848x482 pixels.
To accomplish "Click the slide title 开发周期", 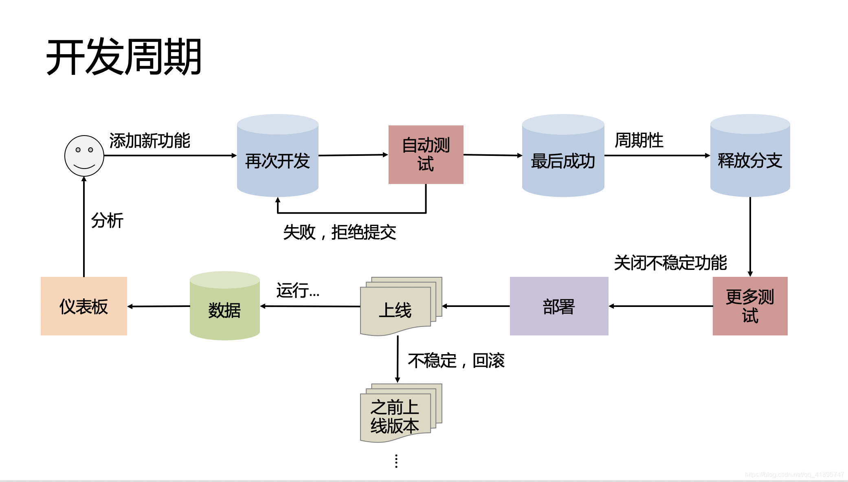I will click(124, 57).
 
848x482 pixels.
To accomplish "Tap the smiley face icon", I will click(84, 156).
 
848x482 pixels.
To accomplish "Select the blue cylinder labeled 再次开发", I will click(277, 160).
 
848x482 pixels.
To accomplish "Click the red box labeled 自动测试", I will click(426, 155).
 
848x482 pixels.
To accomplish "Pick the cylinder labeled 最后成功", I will click(563, 160).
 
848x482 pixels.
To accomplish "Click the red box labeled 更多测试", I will click(750, 306).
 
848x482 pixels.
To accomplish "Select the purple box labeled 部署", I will click(559, 306).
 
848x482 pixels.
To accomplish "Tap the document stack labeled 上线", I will click(395, 309).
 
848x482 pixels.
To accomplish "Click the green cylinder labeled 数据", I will click(224, 309).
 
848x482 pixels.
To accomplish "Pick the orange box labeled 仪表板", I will click(84, 306).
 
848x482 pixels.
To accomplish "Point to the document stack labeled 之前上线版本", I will click(395, 416).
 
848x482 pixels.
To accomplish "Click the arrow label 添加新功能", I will click(149, 141).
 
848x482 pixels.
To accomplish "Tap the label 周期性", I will click(639, 140).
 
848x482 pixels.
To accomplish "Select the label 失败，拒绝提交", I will click(339, 232).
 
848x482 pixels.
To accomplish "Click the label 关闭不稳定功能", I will click(670, 263).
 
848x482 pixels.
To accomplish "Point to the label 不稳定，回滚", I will click(456, 361).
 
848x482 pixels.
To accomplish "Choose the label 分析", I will click(107, 221).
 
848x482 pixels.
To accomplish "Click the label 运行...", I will click(298, 291).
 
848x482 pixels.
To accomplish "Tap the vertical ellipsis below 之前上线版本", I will click(396, 461).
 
